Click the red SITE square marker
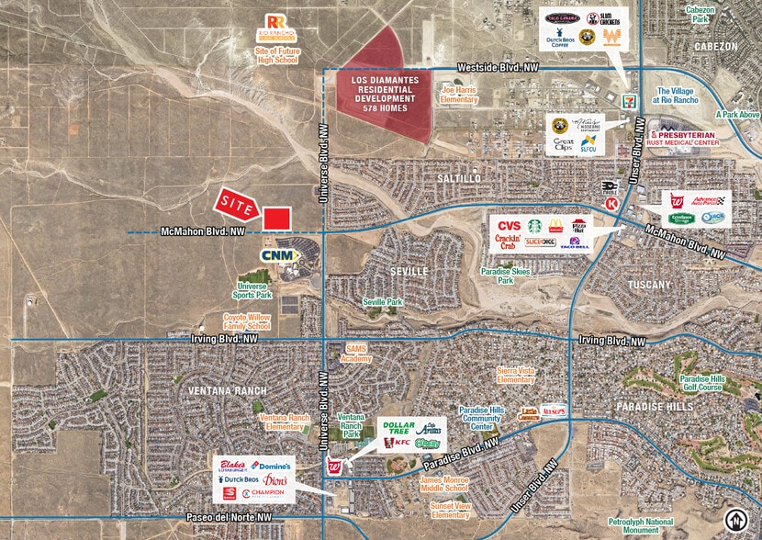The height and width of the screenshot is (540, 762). tap(276, 219)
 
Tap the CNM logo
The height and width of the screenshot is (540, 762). tap(276, 255)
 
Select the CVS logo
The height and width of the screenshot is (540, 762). tap(509, 226)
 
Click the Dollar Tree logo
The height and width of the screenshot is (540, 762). tap(399, 427)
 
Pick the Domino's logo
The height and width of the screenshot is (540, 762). tap(269, 466)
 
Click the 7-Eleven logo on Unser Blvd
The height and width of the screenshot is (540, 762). tap(627, 96)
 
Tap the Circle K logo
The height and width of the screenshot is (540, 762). tap(610, 202)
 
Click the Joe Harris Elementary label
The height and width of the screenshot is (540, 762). tap(460, 95)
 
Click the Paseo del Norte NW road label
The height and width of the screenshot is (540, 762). tap(227, 518)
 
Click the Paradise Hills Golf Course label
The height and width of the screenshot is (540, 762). tap(702, 383)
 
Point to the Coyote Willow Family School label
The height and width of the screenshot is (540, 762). tap(247, 321)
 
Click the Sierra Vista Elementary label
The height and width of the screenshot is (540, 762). tap(515, 375)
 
